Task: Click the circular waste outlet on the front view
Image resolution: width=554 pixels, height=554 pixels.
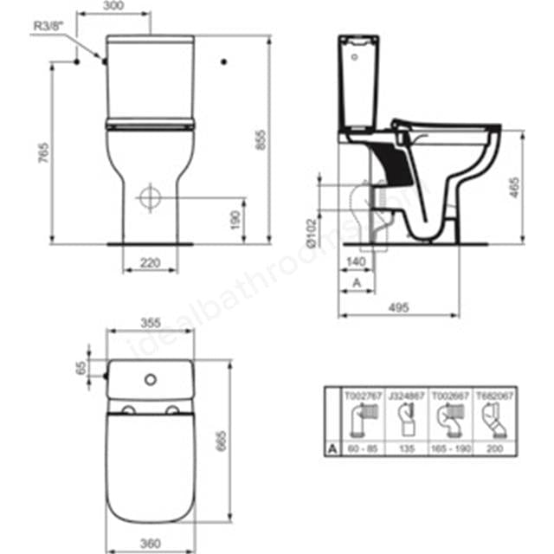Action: (x=150, y=196)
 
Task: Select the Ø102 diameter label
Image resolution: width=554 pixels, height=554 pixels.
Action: (x=312, y=232)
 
